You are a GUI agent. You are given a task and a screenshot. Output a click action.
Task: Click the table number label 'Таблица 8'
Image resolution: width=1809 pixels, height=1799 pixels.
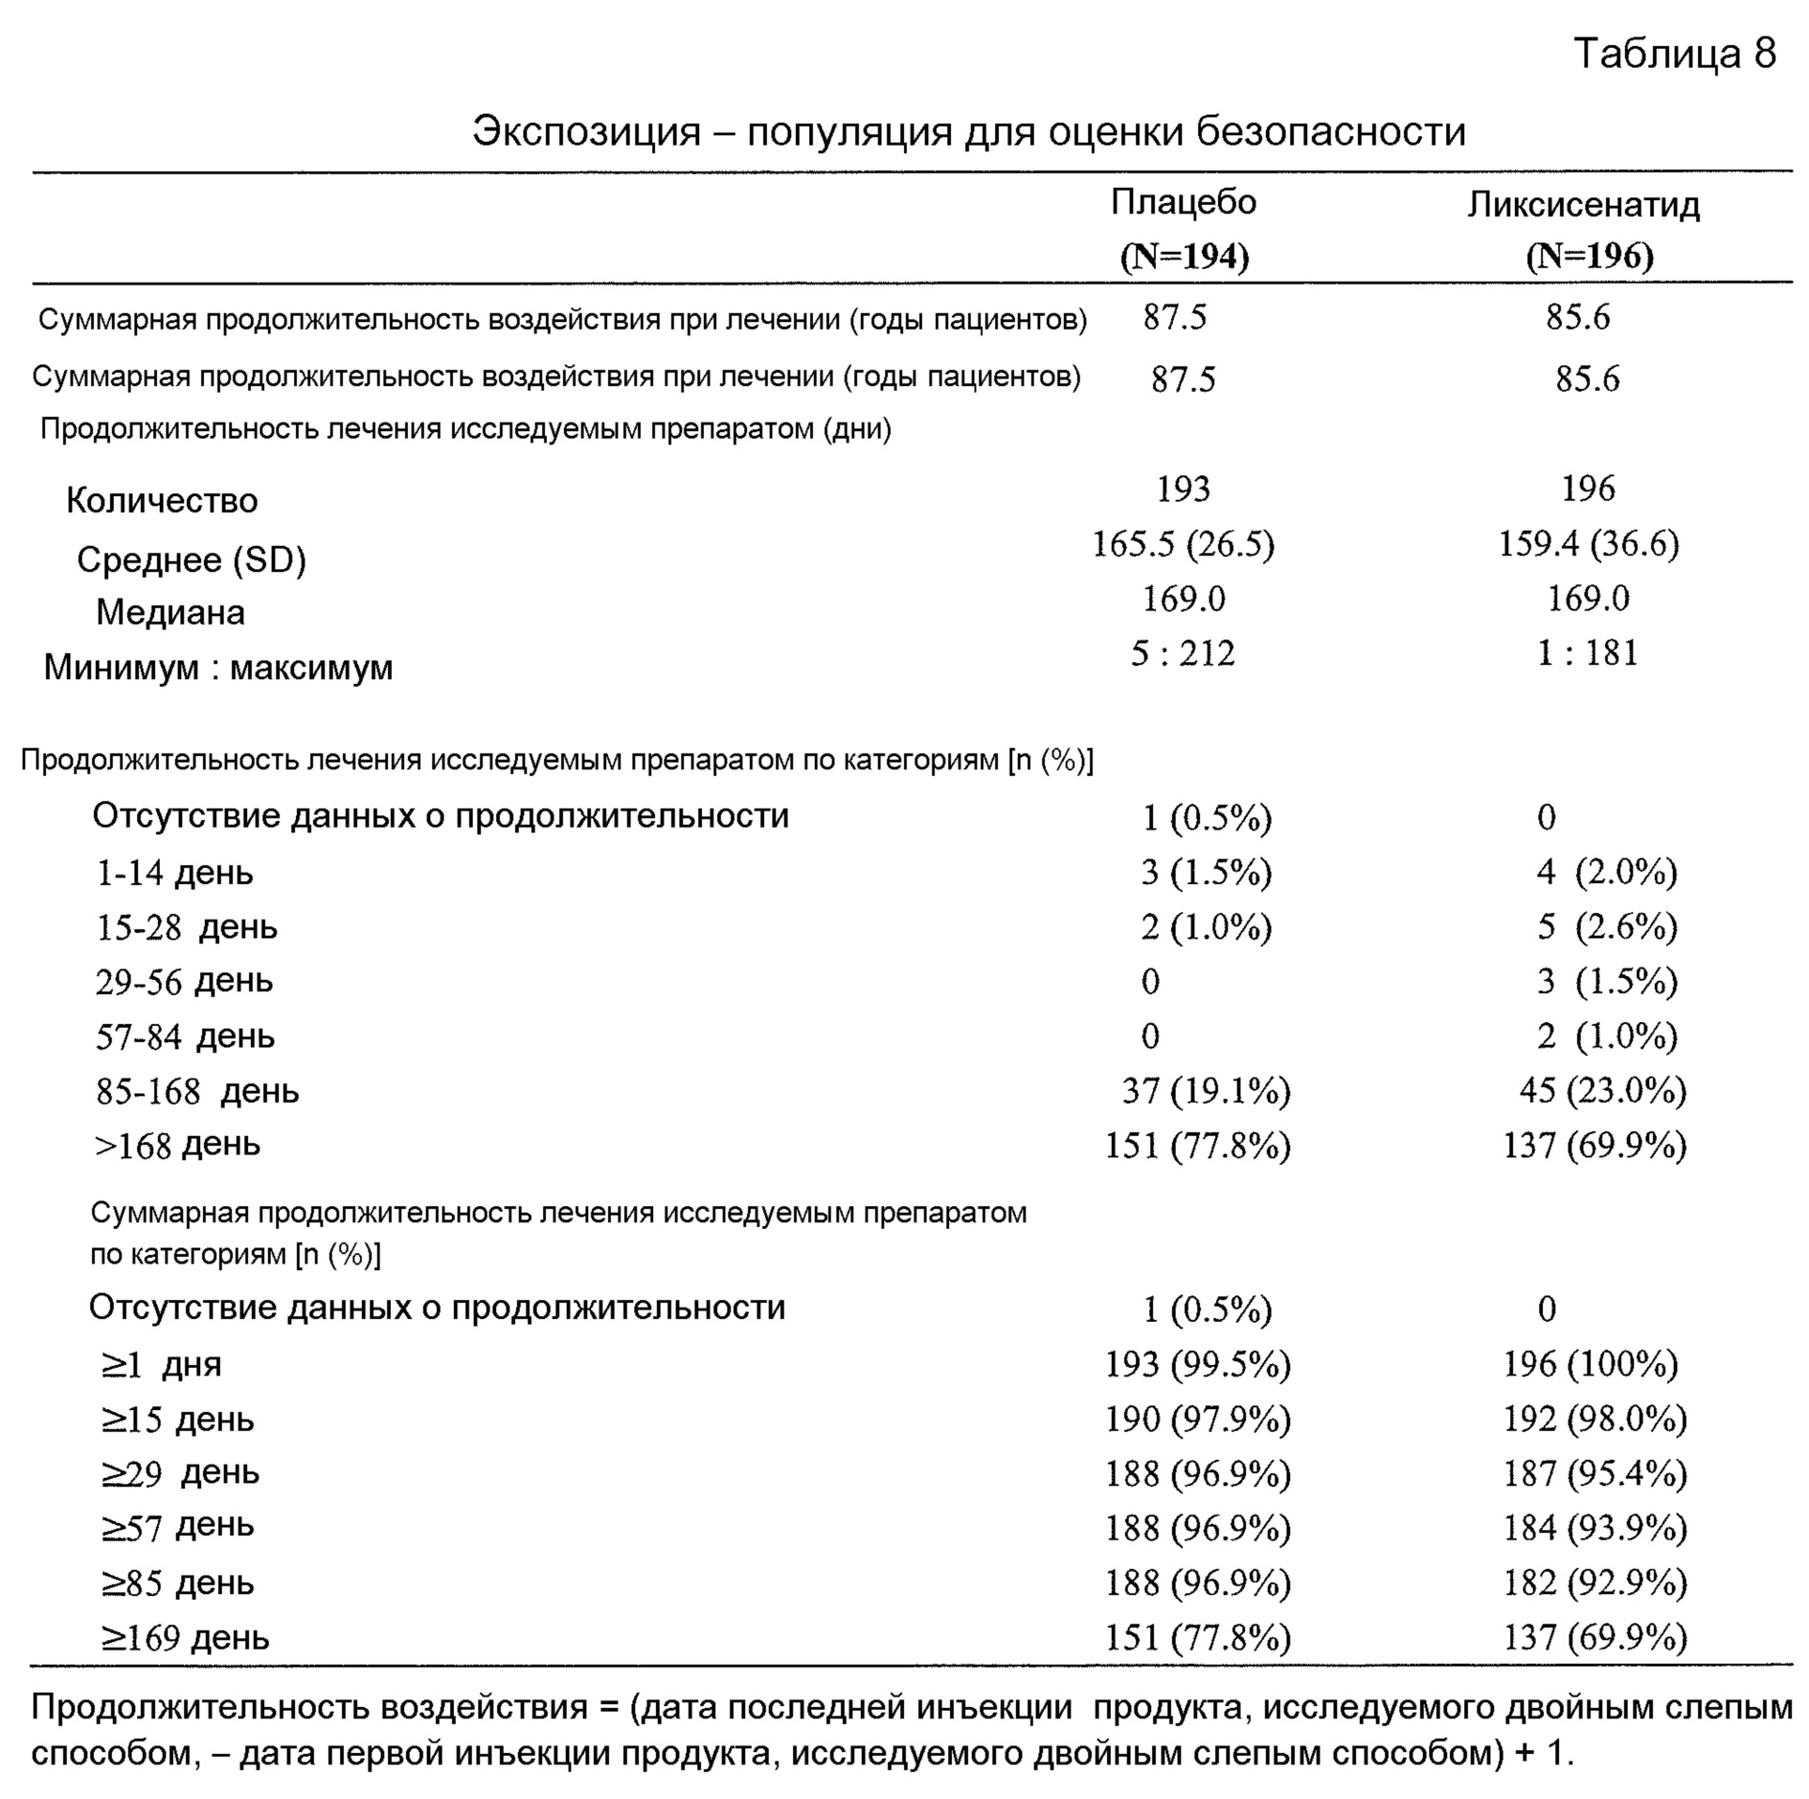(x=1674, y=54)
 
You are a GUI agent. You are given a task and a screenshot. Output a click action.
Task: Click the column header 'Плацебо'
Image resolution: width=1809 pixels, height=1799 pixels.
(x=1183, y=202)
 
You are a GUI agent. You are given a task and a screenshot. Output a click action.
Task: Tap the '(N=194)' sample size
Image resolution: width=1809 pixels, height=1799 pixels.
(x=1184, y=256)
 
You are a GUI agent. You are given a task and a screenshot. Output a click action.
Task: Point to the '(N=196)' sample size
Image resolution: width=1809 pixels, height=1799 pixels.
(x=1589, y=256)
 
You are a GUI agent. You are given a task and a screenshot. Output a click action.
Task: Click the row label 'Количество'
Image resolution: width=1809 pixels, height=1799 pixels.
(x=162, y=500)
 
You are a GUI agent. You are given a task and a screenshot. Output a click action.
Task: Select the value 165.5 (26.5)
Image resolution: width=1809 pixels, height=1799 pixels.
(x=1183, y=544)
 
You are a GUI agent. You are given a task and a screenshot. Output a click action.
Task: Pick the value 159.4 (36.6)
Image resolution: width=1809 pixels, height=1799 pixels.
(x=1588, y=544)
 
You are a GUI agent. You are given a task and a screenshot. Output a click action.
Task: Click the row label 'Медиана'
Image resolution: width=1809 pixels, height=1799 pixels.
(x=170, y=612)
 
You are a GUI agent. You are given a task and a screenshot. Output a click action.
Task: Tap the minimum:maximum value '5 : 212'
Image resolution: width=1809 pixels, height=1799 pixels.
(x=1183, y=653)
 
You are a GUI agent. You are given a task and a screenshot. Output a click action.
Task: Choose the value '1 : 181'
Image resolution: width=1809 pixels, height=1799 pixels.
(x=1587, y=653)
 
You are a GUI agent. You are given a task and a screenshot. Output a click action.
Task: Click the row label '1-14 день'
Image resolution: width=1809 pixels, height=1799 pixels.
(x=174, y=873)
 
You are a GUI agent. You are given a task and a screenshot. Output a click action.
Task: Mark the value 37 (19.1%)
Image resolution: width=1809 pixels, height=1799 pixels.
(x=1206, y=1090)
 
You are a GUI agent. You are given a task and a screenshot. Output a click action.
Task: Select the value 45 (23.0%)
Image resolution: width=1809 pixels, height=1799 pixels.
(x=1602, y=1090)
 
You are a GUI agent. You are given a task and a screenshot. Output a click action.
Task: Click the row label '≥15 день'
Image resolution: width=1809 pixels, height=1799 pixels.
(x=177, y=1419)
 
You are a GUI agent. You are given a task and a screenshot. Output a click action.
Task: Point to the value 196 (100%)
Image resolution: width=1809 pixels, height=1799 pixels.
(x=1590, y=1363)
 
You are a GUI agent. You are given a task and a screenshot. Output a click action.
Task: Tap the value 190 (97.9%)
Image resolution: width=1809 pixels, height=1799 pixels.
(x=1197, y=1419)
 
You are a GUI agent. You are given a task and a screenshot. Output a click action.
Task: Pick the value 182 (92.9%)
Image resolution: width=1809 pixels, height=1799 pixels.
(x=1594, y=1583)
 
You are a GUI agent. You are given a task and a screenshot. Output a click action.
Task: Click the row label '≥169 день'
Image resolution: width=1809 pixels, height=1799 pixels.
(x=185, y=1637)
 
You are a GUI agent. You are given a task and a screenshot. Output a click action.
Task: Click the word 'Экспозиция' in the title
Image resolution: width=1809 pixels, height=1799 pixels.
(x=586, y=131)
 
